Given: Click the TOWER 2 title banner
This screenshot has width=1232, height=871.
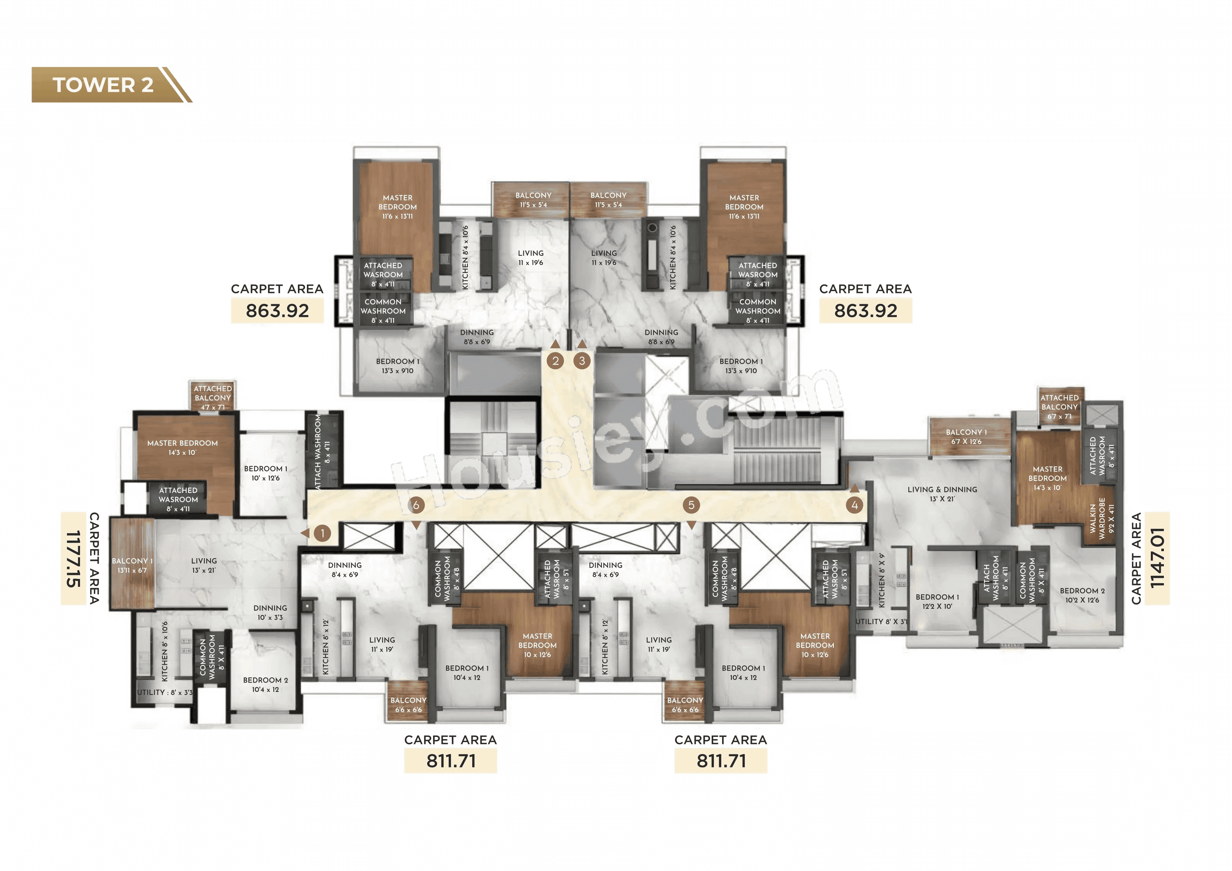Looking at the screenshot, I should click(x=103, y=85).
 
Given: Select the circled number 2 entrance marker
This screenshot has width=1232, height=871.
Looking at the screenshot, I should click(x=555, y=360).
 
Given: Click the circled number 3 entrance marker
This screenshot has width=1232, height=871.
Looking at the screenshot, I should click(x=582, y=360).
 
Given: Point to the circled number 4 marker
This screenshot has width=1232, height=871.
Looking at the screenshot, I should click(x=854, y=505).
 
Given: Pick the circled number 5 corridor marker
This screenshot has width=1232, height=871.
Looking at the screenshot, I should click(x=691, y=505).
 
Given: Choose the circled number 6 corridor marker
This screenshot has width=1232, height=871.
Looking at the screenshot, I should click(x=416, y=505).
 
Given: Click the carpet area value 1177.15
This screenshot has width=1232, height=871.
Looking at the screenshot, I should click(x=73, y=559).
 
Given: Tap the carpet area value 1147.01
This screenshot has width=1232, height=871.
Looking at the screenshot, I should click(x=1158, y=559).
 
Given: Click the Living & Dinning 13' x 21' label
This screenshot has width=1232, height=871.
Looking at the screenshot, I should click(x=942, y=494).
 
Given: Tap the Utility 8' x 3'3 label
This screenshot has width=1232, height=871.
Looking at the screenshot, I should click(x=164, y=692).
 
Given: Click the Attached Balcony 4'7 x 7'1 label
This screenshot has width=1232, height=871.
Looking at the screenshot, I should click(x=213, y=398).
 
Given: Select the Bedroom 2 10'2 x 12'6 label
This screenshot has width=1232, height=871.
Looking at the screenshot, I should click(x=1082, y=595).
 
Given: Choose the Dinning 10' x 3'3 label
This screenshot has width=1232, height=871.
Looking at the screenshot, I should click(x=270, y=612).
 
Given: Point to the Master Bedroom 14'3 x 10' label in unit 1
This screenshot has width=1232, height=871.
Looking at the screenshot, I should click(x=182, y=448).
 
